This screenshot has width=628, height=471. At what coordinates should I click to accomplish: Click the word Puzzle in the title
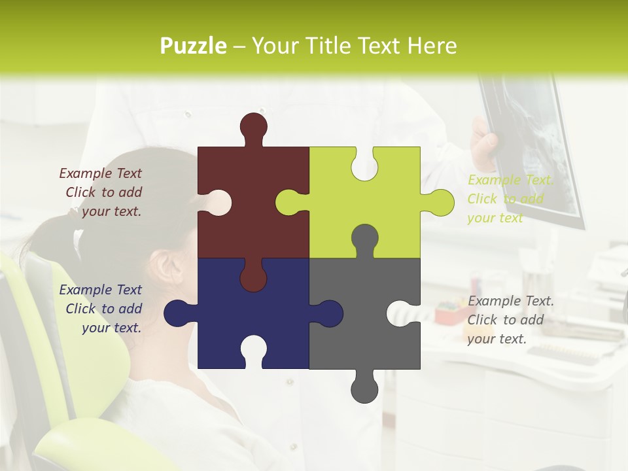point(194,46)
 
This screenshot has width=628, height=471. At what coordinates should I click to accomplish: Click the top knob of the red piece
point(253,126)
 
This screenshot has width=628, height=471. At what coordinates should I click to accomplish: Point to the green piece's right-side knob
point(440,202)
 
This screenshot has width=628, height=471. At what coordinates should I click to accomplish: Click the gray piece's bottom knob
point(364,390)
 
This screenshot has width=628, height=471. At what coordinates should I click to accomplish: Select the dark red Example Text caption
point(101,192)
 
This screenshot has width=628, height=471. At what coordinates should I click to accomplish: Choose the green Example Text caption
point(510,199)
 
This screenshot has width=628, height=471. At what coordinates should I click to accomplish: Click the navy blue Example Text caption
point(101,309)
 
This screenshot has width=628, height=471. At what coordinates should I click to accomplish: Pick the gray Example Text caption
point(510,320)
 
